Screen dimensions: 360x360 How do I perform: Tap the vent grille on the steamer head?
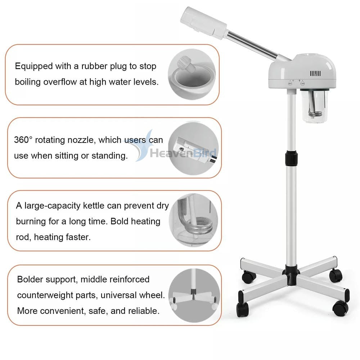pos(315,73)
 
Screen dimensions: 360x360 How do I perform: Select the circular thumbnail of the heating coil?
pos(193,221)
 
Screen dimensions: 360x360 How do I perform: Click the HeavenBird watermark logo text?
pos(182,153)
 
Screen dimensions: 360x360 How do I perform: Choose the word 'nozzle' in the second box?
pos(78,140)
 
